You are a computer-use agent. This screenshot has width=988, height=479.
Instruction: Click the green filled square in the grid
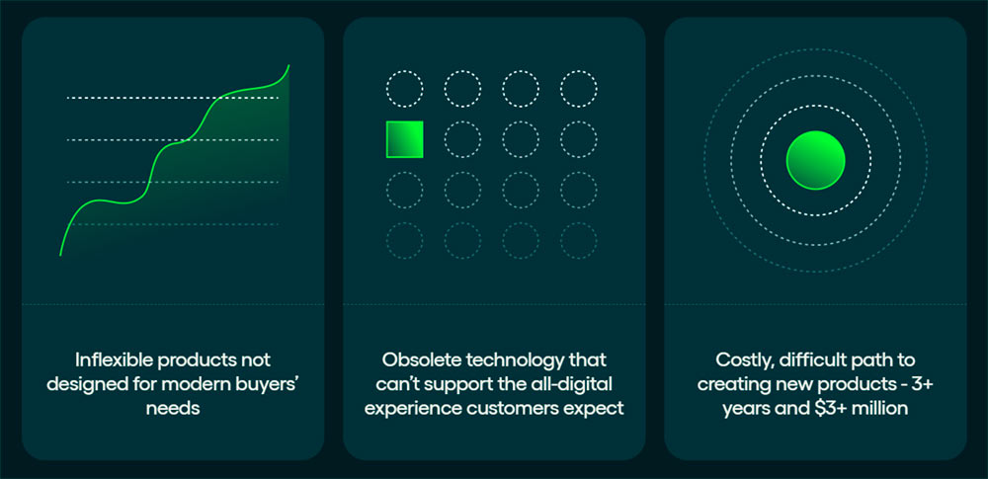[x=404, y=139]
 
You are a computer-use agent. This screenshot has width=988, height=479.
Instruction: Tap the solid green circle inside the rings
[x=815, y=160]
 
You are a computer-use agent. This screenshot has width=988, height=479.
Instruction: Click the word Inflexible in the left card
[x=114, y=360]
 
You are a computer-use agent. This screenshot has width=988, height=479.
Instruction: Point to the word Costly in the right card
[x=742, y=361]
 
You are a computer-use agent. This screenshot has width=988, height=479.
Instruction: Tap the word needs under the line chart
[x=173, y=409]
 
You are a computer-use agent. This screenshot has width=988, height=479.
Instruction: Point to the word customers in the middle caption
[x=512, y=409]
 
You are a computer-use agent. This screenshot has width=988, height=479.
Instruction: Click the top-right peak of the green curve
[x=288, y=65]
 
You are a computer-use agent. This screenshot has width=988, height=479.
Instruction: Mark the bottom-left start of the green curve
[x=60, y=255]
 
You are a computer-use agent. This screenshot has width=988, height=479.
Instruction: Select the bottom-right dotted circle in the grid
[x=578, y=240]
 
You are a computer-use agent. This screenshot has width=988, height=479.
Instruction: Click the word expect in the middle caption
[x=593, y=410]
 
